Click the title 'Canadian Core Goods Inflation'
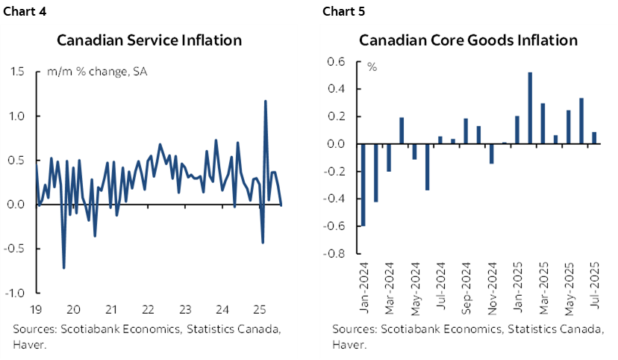click(468, 40)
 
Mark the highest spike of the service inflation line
click(265, 102)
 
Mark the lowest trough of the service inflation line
click(63, 267)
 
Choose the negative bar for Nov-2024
click(491, 153)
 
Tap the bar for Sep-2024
click(466, 131)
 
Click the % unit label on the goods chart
click(371, 67)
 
